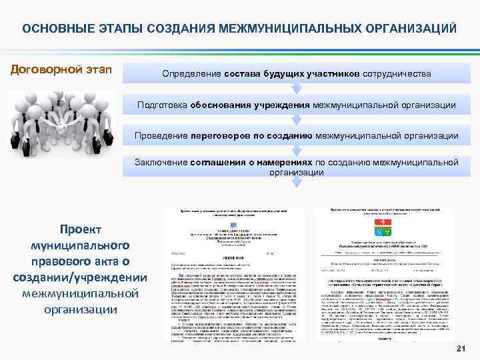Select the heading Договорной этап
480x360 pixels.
60,69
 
